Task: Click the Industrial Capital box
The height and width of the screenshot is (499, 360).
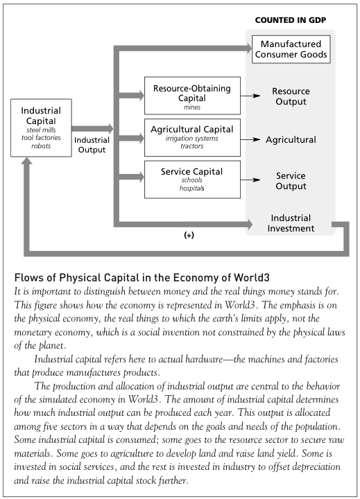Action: point(41,128)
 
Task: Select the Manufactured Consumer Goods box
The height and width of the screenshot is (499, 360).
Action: point(291,49)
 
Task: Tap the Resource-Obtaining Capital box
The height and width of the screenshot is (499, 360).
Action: point(192,96)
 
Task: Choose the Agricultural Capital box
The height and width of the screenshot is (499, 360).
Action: point(192,137)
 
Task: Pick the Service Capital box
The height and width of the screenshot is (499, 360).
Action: point(192,180)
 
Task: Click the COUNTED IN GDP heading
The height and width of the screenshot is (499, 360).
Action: point(291,20)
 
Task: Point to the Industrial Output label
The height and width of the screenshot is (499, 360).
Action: point(92,145)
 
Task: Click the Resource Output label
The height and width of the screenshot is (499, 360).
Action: point(291,96)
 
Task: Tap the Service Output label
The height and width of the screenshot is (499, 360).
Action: point(291,181)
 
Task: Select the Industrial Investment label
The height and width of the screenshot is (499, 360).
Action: point(291,223)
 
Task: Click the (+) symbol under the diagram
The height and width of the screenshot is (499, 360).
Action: point(189,235)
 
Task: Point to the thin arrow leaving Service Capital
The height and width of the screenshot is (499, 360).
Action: point(250,180)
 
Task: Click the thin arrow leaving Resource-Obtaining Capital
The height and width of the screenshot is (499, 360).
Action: point(250,96)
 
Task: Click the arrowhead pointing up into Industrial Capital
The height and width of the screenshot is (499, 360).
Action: point(27,161)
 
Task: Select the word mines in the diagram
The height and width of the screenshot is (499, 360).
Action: point(192,107)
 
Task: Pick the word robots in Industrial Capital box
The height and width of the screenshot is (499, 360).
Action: point(41,146)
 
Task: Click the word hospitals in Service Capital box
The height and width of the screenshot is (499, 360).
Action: point(191,189)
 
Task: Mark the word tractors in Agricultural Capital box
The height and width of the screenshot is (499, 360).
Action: point(191,146)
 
